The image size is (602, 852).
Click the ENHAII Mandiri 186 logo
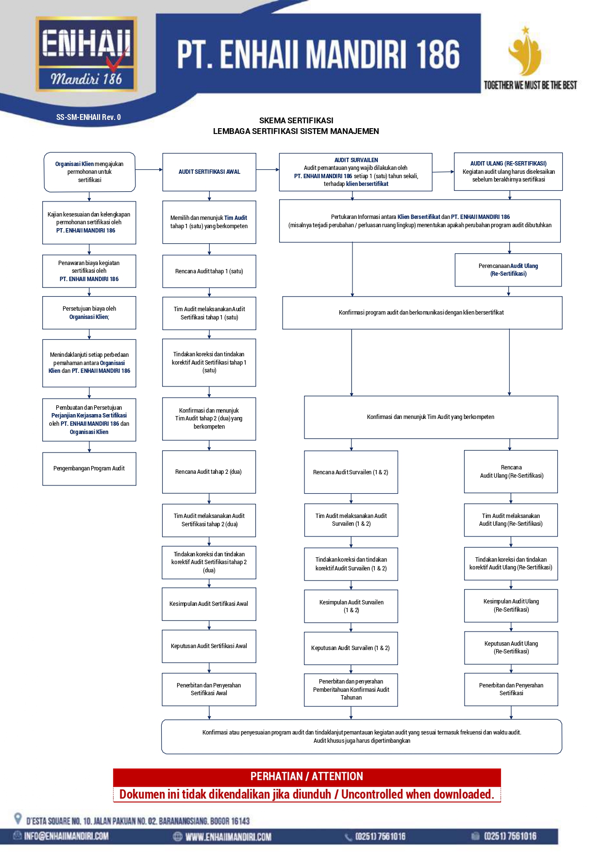pyautogui.click(x=86, y=54)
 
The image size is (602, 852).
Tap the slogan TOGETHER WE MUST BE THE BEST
pyautogui.click(x=530, y=85)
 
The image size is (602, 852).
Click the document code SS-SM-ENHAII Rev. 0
pyautogui.click(x=88, y=117)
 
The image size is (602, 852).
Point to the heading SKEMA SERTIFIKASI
pyautogui.click(x=296, y=120)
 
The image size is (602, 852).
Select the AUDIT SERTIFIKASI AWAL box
pyautogui.click(x=209, y=172)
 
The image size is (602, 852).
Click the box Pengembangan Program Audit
pyautogui.click(x=89, y=468)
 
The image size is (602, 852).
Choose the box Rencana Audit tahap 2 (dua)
pyautogui.click(x=209, y=472)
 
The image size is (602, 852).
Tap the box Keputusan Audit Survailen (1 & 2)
pyautogui.click(x=351, y=648)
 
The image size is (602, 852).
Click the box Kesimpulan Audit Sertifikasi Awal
pyautogui.click(x=209, y=604)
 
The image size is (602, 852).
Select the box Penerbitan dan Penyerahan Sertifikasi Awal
pyautogui.click(x=209, y=689)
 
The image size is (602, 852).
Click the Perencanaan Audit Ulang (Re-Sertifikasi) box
pyautogui.click(x=508, y=270)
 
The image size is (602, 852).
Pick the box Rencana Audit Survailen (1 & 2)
pyautogui.click(x=351, y=472)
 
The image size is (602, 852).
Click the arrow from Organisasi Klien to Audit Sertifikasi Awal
pyautogui.click(x=149, y=170)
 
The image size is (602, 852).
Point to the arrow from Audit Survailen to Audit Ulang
pyautogui.click(x=443, y=171)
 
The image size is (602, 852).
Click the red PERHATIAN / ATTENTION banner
pyautogui.click(x=307, y=776)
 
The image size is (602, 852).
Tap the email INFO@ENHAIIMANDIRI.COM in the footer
pyautogui.click(x=67, y=836)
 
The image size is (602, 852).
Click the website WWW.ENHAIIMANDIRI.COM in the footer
pyautogui.click(x=228, y=836)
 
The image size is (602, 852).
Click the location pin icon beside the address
pyautogui.click(x=18, y=819)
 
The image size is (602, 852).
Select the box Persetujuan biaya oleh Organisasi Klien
pyautogui.click(x=89, y=313)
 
